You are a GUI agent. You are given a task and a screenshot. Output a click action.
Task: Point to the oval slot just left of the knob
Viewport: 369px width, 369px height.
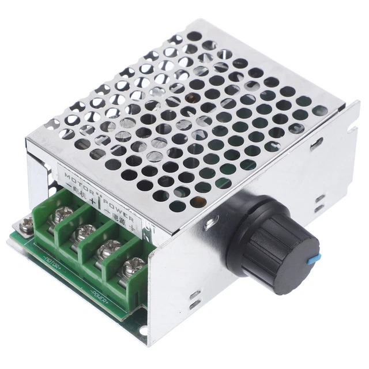214,220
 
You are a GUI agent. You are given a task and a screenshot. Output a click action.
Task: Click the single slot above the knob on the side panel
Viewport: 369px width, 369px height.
316,144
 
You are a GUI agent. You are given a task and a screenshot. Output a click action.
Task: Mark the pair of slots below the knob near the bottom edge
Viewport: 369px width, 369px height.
195,299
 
